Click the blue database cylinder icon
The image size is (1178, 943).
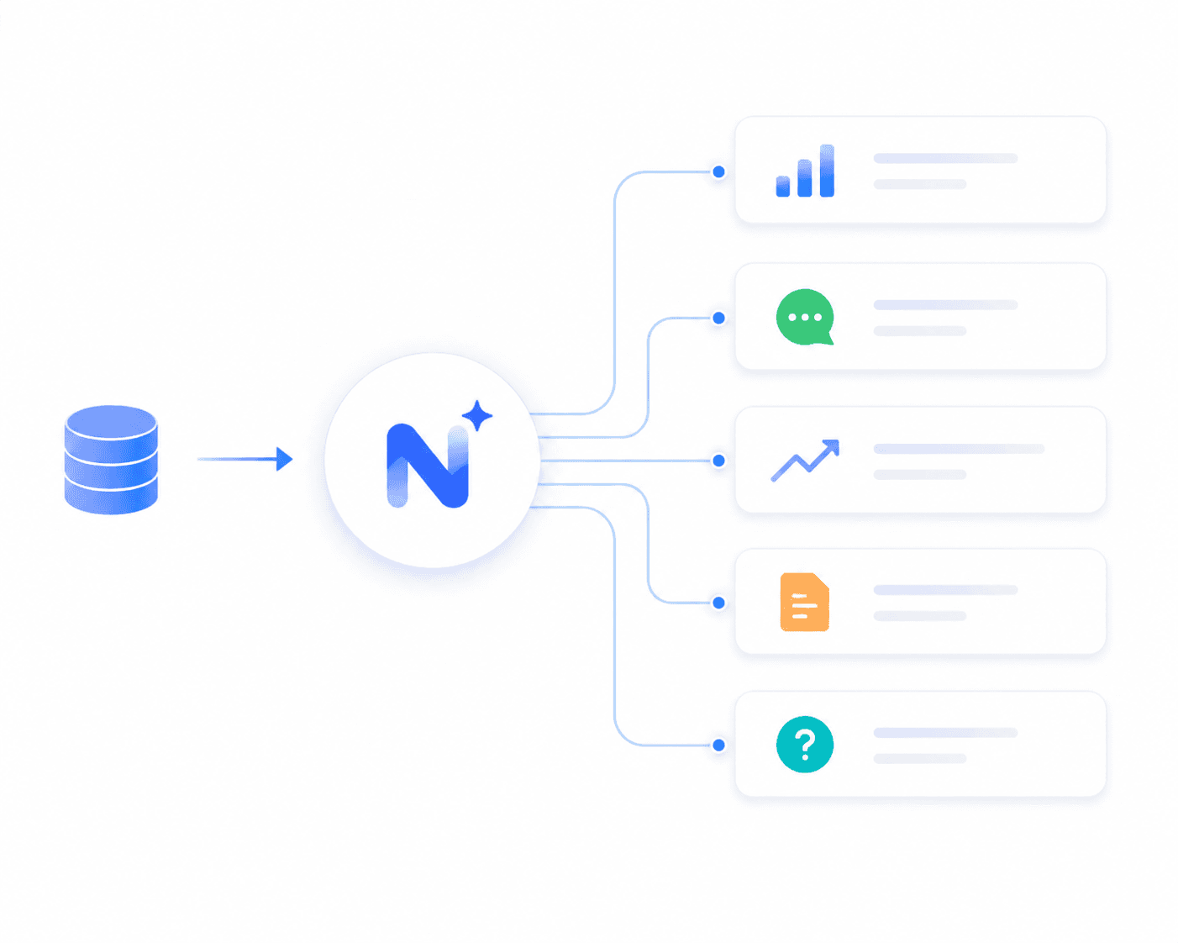pyautogui.click(x=111, y=460)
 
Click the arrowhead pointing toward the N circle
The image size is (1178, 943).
pyautogui.click(x=284, y=459)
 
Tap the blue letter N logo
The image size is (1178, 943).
pyautogui.click(x=428, y=466)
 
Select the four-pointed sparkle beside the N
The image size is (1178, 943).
pyautogui.click(x=476, y=416)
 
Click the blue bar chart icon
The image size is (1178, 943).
pyautogui.click(x=805, y=171)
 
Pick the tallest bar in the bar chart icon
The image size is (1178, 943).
pyautogui.click(x=827, y=171)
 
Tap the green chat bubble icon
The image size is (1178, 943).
pyautogui.click(x=805, y=317)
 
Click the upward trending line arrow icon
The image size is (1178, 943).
pyautogui.click(x=805, y=461)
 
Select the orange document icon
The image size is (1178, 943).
pyautogui.click(x=805, y=602)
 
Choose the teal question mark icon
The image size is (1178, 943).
pyautogui.click(x=805, y=744)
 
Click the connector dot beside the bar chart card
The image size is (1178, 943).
pyautogui.click(x=718, y=172)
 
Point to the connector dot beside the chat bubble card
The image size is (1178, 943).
pyautogui.click(x=718, y=318)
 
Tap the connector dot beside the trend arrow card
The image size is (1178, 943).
pyautogui.click(x=718, y=461)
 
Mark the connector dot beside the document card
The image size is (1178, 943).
pyautogui.click(x=718, y=603)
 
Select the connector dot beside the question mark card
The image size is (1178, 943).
pyautogui.click(x=718, y=745)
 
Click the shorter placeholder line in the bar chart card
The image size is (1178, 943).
pyautogui.click(x=919, y=184)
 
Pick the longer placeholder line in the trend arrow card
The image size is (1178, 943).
pyautogui.click(x=959, y=449)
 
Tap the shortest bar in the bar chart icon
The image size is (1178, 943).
pyautogui.click(x=783, y=187)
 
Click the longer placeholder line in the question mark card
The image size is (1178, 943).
pyautogui.click(x=945, y=733)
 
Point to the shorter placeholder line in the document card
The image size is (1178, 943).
pyautogui.click(x=919, y=616)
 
